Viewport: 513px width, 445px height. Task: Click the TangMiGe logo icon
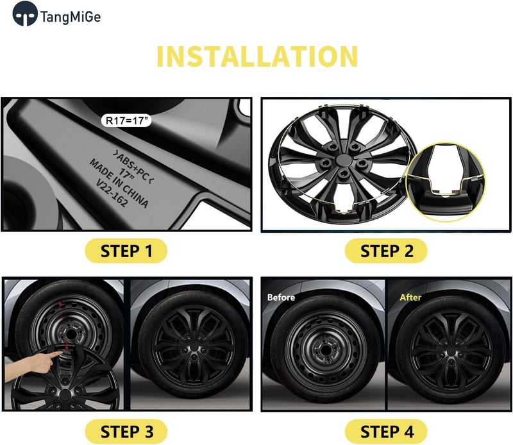pyautogui.click(x=25, y=13)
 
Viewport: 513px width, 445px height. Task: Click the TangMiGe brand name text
pyautogui.click(x=71, y=17)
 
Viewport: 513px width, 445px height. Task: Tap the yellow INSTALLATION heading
pyautogui.click(x=258, y=56)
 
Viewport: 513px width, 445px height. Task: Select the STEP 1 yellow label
pyautogui.click(x=126, y=251)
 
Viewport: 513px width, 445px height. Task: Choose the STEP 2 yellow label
pyautogui.click(x=386, y=251)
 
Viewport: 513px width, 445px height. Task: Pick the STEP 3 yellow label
pyautogui.click(x=126, y=432)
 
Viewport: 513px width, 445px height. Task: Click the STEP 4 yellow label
pyautogui.click(x=386, y=432)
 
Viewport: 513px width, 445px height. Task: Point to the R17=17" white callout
pyautogui.click(x=126, y=121)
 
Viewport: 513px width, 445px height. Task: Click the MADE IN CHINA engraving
pyautogui.click(x=119, y=183)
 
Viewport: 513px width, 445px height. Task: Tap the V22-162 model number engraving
pyautogui.click(x=111, y=193)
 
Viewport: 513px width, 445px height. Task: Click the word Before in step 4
pyautogui.click(x=281, y=297)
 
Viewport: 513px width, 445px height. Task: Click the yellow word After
pyautogui.click(x=410, y=297)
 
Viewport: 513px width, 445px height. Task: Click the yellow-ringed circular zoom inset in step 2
pyautogui.click(x=446, y=182)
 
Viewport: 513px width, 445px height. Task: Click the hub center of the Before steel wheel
pyautogui.click(x=324, y=351)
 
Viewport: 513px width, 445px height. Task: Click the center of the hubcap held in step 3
pyautogui.click(x=65, y=396)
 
